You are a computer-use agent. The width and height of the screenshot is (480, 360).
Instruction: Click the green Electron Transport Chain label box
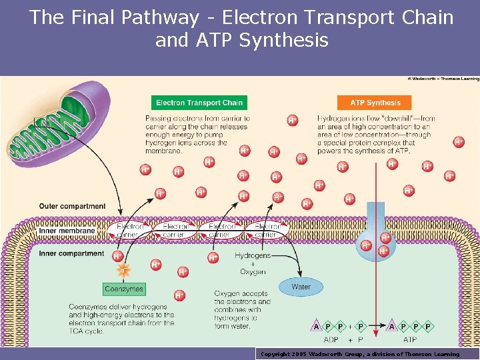click(x=199, y=103)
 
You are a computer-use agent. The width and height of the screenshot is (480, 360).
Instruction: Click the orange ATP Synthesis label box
click(x=375, y=103)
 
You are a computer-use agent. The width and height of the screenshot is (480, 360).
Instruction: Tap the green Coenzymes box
click(x=124, y=289)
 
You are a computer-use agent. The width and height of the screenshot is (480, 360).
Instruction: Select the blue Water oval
click(x=301, y=287)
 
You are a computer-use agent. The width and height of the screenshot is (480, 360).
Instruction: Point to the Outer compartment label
click(x=72, y=206)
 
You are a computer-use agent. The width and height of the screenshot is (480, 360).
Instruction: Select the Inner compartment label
click(x=71, y=254)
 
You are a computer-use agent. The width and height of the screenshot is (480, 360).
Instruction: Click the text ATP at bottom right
click(x=409, y=339)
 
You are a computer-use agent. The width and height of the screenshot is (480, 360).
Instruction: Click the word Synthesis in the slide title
click(x=283, y=40)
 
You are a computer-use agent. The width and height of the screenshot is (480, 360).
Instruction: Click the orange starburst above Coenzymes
click(x=123, y=270)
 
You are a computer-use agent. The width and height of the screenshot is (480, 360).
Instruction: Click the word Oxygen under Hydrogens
click(x=253, y=272)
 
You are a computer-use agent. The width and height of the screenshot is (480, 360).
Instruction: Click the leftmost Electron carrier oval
click(x=129, y=230)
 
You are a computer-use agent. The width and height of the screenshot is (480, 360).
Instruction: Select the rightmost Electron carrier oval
click(x=266, y=230)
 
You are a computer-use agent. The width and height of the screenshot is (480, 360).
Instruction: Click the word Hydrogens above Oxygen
click(x=253, y=255)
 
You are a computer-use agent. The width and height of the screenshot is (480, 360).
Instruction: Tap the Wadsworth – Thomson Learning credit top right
click(x=443, y=79)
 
